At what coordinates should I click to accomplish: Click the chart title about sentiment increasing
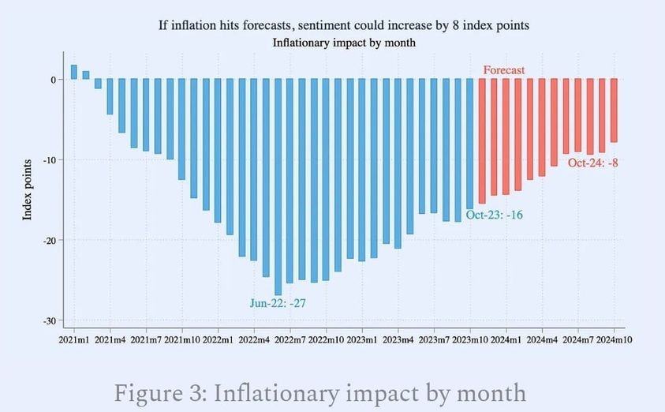coord(343,25)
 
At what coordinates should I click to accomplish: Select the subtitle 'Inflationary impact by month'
coord(343,43)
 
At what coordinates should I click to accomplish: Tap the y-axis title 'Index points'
coord(27,189)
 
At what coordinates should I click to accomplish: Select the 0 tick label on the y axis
coord(51,80)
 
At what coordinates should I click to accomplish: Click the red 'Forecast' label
coord(504,70)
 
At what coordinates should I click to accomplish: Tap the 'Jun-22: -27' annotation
coord(278,302)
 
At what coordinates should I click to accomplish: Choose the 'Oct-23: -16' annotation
coord(494,214)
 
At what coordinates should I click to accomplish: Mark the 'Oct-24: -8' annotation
coord(593,163)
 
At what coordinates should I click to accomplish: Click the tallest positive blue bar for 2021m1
coord(74,73)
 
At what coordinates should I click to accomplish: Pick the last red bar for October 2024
coord(615,110)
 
